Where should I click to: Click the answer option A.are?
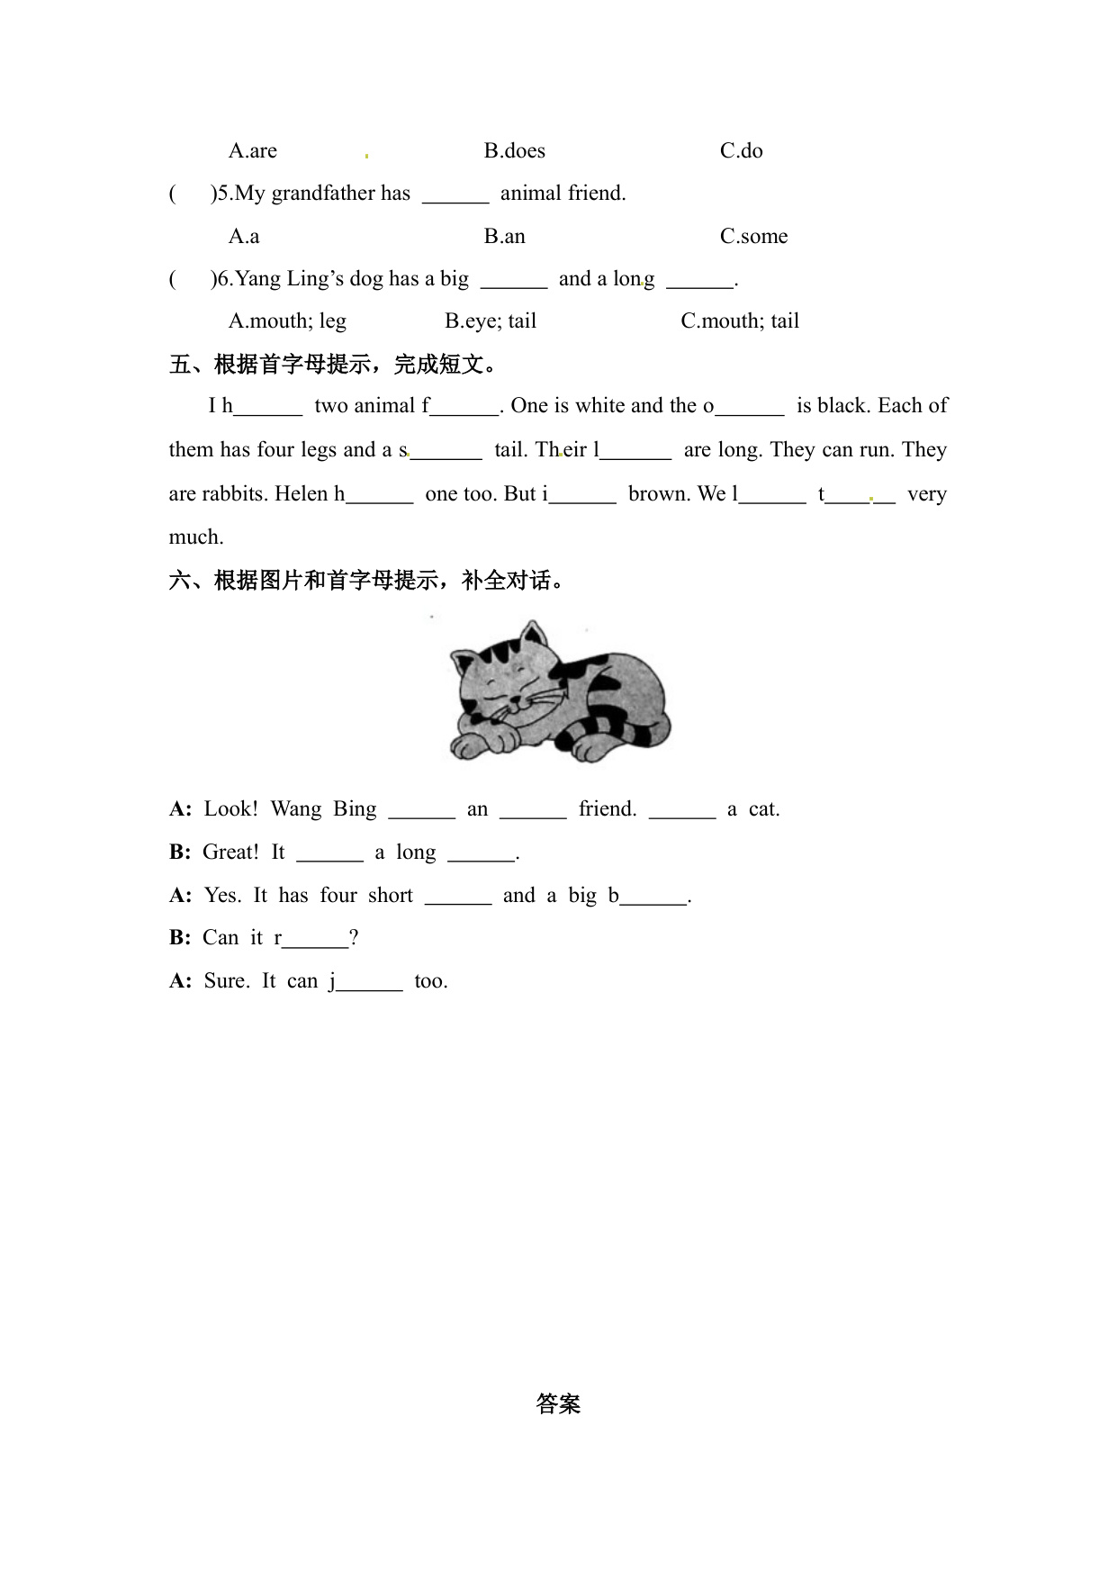pyautogui.click(x=252, y=150)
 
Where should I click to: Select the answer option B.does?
pyautogui.click(x=514, y=150)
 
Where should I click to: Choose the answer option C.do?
pyautogui.click(x=741, y=150)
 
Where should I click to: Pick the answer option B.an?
pyautogui.click(x=504, y=236)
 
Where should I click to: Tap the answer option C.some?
pyautogui.click(x=753, y=236)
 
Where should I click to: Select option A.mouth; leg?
pyautogui.click(x=287, y=321)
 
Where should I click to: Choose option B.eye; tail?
pyautogui.click(x=491, y=321)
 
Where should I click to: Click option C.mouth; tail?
pyautogui.click(x=740, y=321)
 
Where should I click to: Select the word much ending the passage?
pyautogui.click(x=196, y=537)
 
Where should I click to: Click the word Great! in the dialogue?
pyautogui.click(x=230, y=852)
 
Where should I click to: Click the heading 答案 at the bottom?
pyautogui.click(x=558, y=1403)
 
